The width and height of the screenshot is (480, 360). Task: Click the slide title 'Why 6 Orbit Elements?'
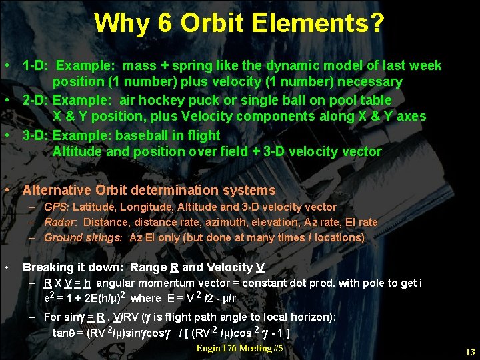click(x=239, y=24)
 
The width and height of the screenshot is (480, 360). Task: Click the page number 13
click(x=470, y=352)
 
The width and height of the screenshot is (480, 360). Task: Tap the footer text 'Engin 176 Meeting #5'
click(x=240, y=349)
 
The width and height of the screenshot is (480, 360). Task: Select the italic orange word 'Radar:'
click(x=61, y=222)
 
